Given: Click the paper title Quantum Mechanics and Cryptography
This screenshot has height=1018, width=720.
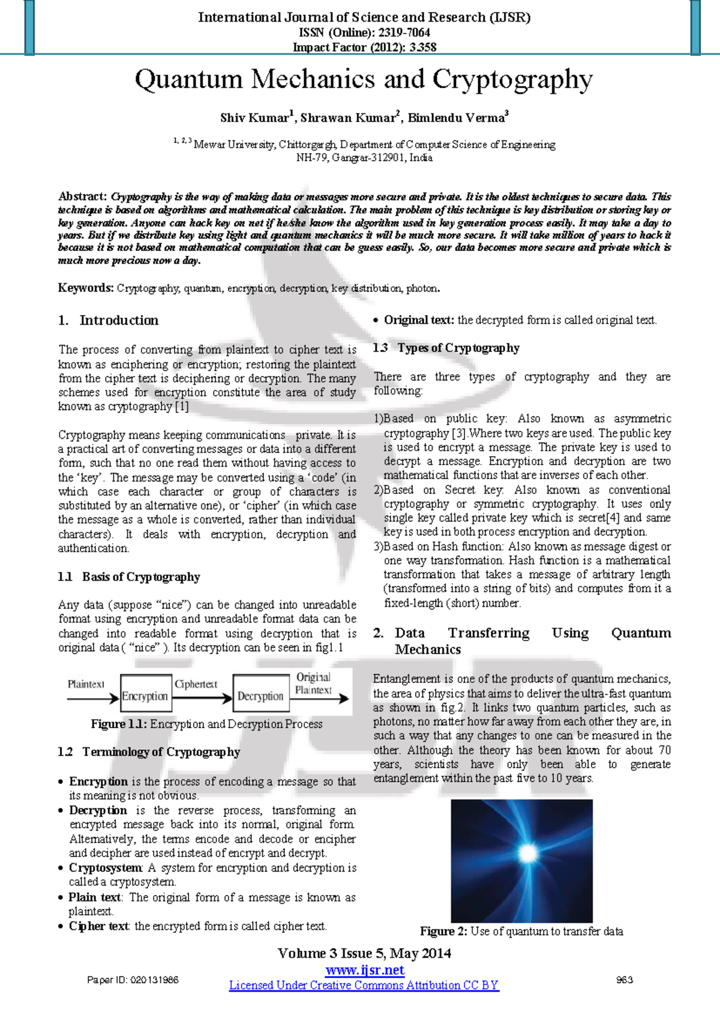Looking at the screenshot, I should pos(363,80).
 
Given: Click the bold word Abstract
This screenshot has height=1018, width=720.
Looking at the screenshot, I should pos(82,196).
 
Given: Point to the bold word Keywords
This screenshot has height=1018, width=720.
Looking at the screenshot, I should pos(85,288).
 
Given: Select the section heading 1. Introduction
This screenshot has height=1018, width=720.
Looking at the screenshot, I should pos(109,321).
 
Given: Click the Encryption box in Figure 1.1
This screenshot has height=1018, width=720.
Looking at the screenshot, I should pos(146,696).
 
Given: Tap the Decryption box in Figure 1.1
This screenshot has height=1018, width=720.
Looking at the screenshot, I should pos(260,696).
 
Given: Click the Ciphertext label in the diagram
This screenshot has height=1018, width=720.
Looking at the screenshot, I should pos(196,684).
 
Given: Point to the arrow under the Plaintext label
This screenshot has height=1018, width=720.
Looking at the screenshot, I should pos(93,698).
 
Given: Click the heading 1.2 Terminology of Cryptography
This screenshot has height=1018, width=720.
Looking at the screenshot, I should pos(149,752).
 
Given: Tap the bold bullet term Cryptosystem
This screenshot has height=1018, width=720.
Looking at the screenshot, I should pos(106,868).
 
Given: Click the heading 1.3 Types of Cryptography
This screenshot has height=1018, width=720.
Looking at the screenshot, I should pos(446,348).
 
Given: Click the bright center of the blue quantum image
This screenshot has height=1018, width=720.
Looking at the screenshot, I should pos(528,853).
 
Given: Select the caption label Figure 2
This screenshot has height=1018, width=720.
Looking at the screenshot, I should pos(443,931).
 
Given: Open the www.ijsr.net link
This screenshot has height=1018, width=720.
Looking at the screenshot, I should pos(365,970).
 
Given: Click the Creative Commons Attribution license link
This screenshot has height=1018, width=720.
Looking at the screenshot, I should pos(364,985).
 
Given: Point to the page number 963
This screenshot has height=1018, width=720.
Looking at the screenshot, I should pos(625,980).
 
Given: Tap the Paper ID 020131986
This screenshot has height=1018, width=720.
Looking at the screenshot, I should pos(133,980).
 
